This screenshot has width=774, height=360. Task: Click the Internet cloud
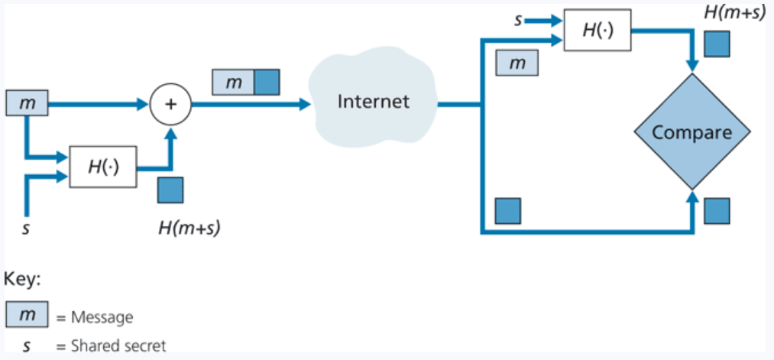tap(373, 102)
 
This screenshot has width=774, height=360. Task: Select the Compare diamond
tap(691, 132)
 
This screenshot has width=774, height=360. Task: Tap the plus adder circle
tap(170, 105)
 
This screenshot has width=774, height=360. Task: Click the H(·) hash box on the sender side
tap(103, 167)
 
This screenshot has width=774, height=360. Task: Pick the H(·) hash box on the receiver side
tap(598, 31)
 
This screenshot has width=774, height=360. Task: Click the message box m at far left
tap(27, 103)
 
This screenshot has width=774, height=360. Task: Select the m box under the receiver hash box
tap(517, 63)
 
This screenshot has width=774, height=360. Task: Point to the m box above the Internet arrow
tap(232, 82)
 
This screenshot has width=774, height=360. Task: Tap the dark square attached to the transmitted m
tap(267, 82)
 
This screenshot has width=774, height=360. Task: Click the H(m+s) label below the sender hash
tap(189, 226)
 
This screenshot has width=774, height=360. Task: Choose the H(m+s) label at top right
tap(735, 13)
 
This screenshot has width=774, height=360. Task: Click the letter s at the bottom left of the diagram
tap(26, 227)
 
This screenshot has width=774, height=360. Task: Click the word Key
tap(22, 280)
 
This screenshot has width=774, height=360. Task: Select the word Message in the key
tap(102, 316)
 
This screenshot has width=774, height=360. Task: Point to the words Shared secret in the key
tap(118, 345)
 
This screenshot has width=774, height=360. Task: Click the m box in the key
tap(27, 315)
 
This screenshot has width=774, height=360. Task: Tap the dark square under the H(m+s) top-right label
tap(716, 44)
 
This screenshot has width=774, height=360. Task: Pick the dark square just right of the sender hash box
tap(170, 190)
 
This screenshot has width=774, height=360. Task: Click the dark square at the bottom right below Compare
tap(716, 210)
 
